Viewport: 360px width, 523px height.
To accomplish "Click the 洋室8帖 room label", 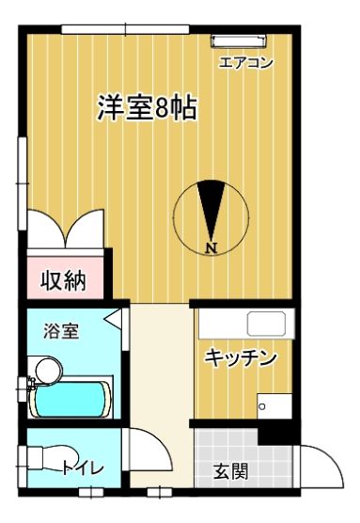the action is coord(147,107).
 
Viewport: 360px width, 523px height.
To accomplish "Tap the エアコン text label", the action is coord(245,62).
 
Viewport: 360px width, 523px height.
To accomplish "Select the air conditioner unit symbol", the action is coord(240,40).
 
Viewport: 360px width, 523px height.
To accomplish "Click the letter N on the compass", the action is coord(211,248).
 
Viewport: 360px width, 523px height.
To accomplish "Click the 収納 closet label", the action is coord(63,280).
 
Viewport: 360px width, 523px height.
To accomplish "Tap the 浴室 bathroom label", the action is coord(61,331).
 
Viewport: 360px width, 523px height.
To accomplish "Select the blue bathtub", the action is coord(70,399).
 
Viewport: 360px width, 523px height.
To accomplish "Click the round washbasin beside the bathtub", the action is coord(49,370).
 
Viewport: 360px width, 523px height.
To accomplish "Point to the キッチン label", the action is coord(241,357).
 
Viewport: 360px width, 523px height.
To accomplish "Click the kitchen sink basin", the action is coord(266,324).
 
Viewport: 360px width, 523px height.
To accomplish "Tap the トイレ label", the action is coord(83,468).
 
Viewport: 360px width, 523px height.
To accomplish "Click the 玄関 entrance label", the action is coord(231,471).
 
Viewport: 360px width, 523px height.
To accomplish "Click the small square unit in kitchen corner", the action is coord(274,405).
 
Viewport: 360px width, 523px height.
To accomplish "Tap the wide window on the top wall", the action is coord(125,29).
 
